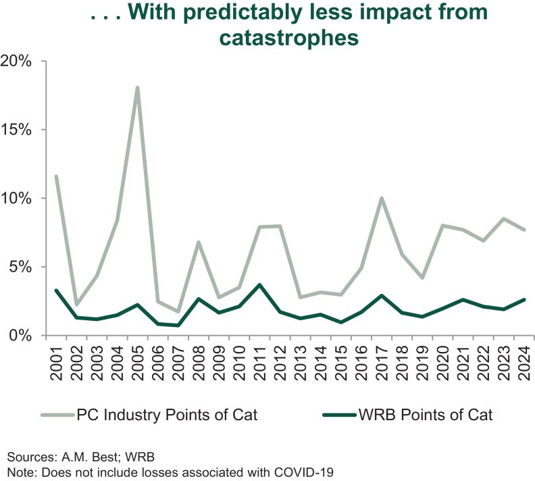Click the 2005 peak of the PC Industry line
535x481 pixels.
pos(137,88)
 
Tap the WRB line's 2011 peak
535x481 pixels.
pos(259,284)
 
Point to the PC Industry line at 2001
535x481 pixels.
pos(56,176)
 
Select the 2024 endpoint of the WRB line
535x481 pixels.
pos(524,299)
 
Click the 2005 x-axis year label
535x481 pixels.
pos(138,365)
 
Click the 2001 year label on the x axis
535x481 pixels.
pos(56,365)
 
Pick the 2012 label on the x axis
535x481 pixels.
pos(280,365)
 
